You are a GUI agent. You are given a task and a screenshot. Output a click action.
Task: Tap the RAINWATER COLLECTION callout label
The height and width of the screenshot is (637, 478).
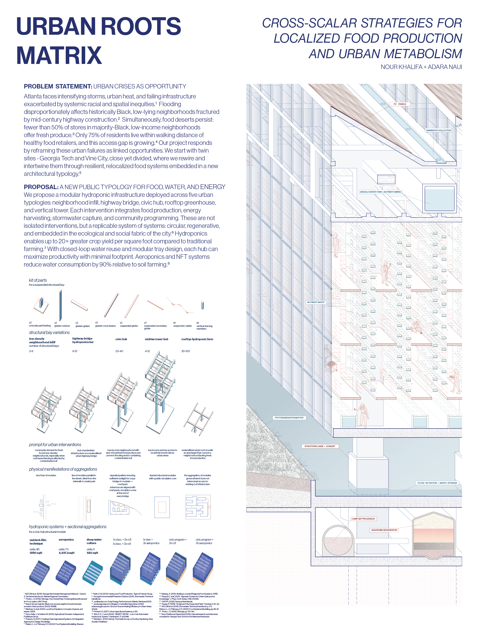438,130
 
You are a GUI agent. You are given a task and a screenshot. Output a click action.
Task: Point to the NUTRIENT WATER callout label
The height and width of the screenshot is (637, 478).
316,302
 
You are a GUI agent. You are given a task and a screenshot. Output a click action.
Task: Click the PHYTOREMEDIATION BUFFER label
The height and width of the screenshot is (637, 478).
289,418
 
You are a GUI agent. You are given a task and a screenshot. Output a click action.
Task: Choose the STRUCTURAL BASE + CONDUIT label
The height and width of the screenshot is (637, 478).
320,446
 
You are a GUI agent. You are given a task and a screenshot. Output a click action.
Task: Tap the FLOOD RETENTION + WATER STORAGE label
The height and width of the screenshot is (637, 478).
437,483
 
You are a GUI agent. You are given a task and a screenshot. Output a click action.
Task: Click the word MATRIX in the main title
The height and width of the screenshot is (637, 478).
59,55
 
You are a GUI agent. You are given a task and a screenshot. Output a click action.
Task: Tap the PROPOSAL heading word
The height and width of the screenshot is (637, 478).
41,187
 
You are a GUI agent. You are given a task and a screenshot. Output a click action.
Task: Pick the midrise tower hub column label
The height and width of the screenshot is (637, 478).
156,339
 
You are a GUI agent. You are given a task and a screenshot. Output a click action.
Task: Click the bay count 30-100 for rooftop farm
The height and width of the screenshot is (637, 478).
185,351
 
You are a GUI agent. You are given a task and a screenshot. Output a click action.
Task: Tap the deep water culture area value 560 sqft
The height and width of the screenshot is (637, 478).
92,553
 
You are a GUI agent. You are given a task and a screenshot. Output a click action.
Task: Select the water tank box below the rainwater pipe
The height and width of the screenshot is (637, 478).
439,198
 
